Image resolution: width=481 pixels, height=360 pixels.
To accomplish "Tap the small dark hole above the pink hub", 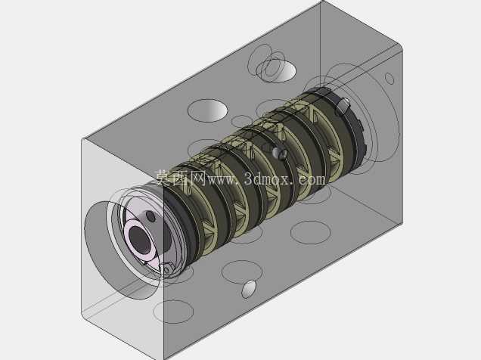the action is tap(151, 216).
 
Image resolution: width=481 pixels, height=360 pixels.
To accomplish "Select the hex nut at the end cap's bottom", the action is tap(168, 268).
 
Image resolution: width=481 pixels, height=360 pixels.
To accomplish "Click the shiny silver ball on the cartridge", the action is tap(278, 153).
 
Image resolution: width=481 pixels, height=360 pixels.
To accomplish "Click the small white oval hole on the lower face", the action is tap(249, 289).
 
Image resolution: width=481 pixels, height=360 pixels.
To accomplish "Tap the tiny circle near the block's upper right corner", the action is tap(389, 79).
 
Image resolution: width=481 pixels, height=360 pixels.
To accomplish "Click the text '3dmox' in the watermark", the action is tap(267, 178).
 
